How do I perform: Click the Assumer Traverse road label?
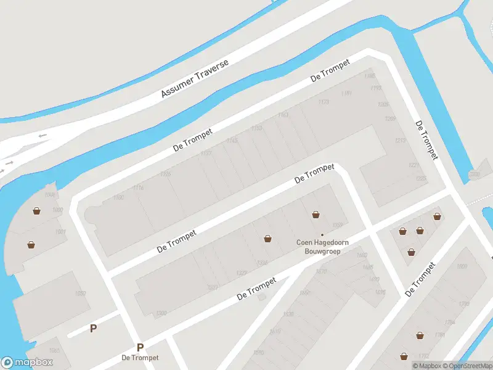click(x=195, y=78)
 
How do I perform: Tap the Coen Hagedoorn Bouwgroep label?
click(x=322, y=247)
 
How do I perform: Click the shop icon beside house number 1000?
click(x=38, y=212)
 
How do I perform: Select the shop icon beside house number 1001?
click(x=31, y=245)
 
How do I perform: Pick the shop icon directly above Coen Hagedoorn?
click(x=316, y=215)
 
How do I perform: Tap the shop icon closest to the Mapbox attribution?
click(x=404, y=356)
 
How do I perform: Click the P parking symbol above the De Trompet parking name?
click(x=141, y=347)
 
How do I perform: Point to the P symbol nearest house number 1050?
click(x=93, y=328)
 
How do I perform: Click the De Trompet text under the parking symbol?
click(x=140, y=358)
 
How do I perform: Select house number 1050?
click(x=80, y=294)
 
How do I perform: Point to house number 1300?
click(x=161, y=314)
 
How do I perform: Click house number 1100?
click(x=118, y=197)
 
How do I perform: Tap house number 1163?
click(x=283, y=115)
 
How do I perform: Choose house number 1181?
click(x=346, y=93)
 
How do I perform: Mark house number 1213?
click(x=400, y=141)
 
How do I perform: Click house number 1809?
click(x=462, y=266)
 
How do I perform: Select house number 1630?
click(x=288, y=314)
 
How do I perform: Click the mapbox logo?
click(x=27, y=363)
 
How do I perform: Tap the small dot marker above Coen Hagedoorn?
click(x=322, y=234)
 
